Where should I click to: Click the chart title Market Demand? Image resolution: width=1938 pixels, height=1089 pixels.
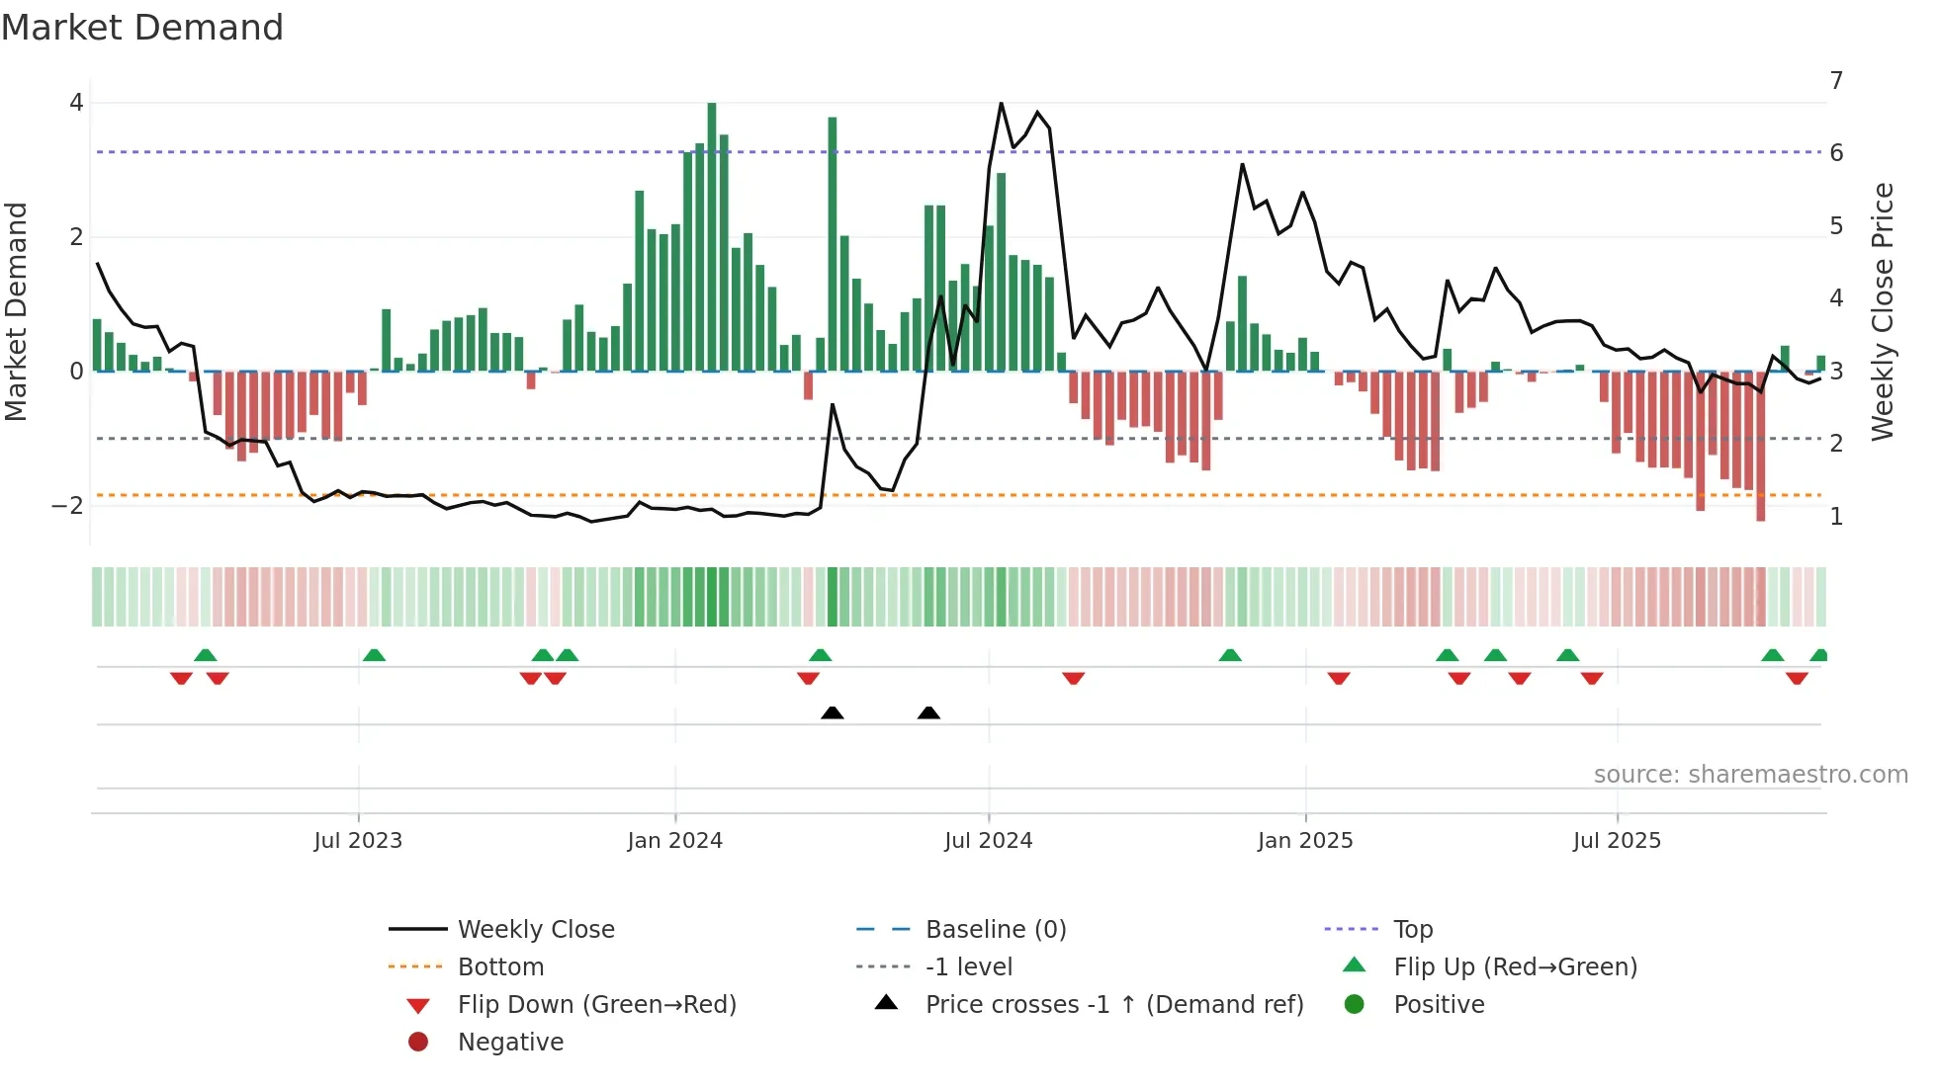[142, 28]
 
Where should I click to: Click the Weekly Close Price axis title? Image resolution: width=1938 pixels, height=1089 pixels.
[1883, 311]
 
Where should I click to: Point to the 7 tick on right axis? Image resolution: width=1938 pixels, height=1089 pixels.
[1836, 80]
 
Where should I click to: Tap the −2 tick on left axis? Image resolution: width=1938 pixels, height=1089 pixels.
[67, 506]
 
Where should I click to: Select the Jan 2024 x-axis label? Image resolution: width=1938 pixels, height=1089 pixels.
[674, 841]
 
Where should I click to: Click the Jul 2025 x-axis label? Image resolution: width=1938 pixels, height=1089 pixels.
[1617, 841]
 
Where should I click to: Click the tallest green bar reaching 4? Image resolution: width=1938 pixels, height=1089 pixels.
[712, 237]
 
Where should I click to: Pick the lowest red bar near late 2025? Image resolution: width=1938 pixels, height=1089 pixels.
[1760, 445]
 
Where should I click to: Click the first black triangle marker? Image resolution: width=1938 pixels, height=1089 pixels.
[833, 712]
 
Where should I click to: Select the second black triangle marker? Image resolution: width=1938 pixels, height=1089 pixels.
[928, 712]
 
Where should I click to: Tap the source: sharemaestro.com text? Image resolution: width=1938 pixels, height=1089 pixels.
[1750, 774]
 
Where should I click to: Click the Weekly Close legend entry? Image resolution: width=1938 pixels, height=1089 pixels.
[536, 929]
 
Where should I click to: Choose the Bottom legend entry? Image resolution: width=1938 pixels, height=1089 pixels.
[500, 966]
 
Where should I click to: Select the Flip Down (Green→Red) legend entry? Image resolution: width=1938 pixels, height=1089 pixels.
[596, 1004]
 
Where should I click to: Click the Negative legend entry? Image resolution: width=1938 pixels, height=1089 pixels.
[510, 1042]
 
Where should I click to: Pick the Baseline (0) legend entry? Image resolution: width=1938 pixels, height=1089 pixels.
[995, 929]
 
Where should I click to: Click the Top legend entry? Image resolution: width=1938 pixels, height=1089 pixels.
[1413, 929]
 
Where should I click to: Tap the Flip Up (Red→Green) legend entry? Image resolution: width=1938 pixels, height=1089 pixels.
[1515, 966]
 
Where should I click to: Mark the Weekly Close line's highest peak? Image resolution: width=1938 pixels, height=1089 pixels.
[1001, 104]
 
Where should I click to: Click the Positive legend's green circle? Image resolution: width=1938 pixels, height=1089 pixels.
[1355, 1004]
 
